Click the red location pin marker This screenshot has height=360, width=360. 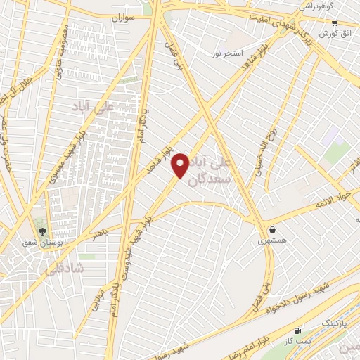click(181, 165)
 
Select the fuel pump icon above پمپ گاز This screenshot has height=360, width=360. click(298, 330)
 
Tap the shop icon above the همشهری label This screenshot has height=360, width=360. click(272, 229)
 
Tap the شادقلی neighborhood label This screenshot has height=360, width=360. click(63, 269)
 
